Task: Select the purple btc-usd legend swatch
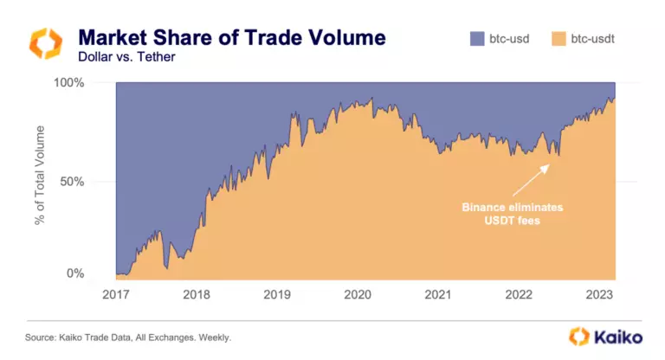coord(479,38)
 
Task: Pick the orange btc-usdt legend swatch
coord(560,38)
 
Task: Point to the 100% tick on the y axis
coord(91,83)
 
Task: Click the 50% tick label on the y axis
coord(94,182)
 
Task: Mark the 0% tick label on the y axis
coord(97,273)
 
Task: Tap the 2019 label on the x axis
coord(276,294)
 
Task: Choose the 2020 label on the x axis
coord(357,294)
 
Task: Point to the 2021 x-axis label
coord(438,294)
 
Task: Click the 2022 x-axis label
coord(519,294)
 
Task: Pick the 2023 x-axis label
coord(599,294)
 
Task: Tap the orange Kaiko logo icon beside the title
coord(46,45)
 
